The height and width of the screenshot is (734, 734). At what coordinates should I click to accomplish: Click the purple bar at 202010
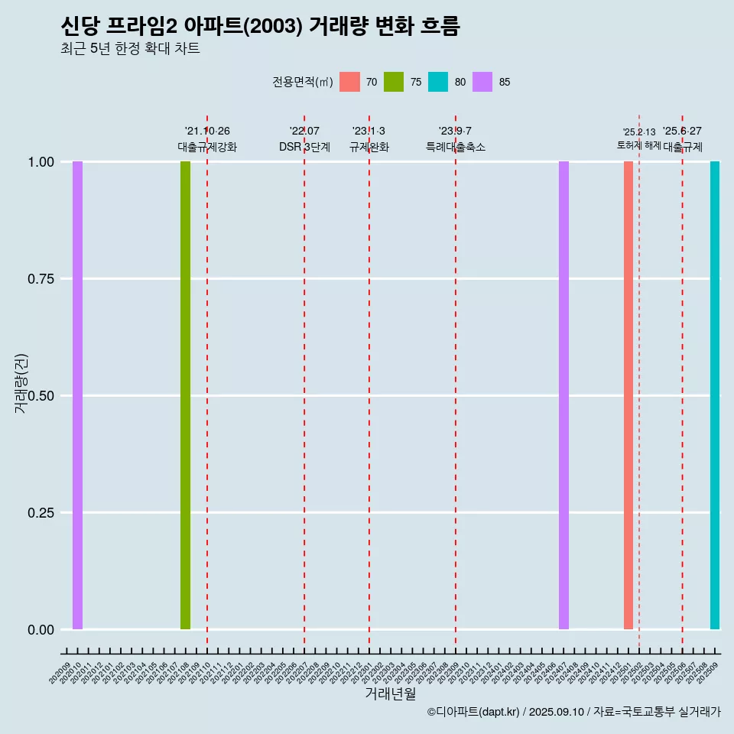coord(77,395)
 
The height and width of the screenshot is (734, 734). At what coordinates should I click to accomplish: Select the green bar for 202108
coord(185,395)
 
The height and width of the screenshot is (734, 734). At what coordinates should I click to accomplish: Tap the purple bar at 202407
coord(563,395)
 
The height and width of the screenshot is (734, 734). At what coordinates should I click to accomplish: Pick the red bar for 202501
coord(628,395)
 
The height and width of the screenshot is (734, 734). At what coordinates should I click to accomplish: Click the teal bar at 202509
coord(715,395)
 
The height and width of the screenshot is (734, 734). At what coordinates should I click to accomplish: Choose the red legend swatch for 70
coord(349,82)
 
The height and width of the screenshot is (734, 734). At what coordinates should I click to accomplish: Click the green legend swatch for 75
coord(394,82)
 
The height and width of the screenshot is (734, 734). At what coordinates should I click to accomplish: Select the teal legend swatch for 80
coord(438,82)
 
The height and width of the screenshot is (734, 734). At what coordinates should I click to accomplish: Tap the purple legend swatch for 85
coord(482,82)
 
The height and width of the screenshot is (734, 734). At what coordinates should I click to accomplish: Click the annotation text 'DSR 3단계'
coord(304,147)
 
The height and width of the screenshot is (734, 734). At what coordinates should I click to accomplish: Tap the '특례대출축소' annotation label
coord(456,147)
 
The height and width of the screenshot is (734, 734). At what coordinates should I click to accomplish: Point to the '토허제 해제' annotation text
coord(638,145)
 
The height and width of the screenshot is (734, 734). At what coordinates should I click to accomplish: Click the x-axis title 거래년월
coord(391,693)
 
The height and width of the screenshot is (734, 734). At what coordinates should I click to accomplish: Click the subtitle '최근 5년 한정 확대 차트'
coord(130,49)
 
